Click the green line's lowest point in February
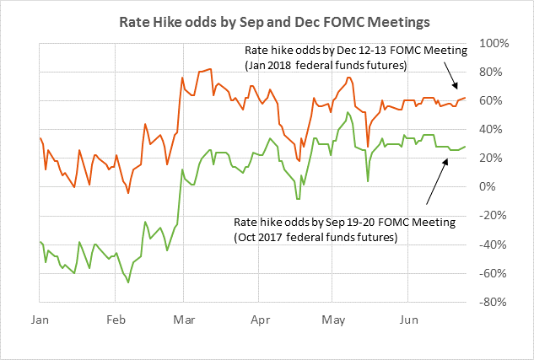[x=128, y=282]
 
